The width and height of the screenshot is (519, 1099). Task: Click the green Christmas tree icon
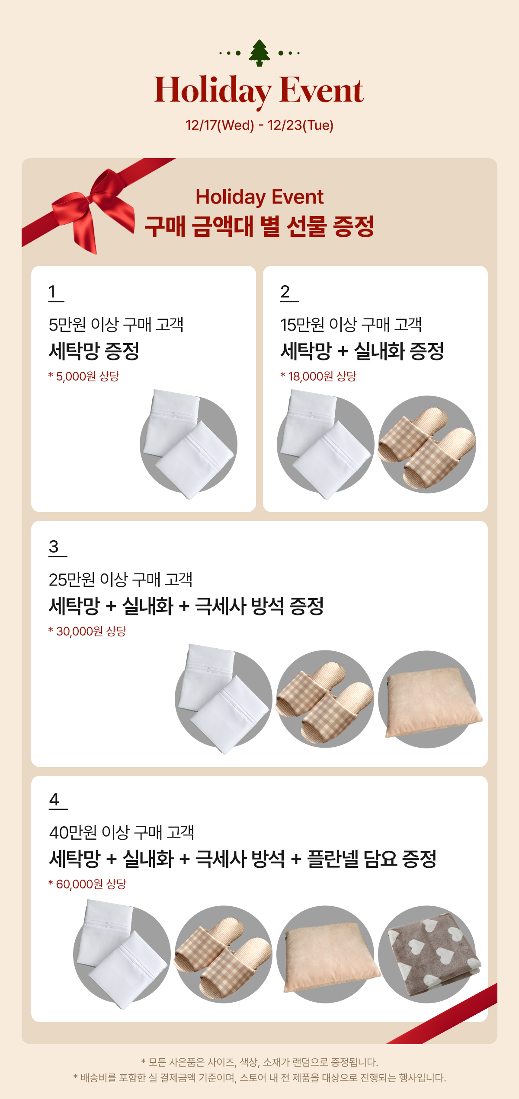click(x=259, y=53)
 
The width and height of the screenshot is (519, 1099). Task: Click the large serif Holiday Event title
click(x=259, y=90)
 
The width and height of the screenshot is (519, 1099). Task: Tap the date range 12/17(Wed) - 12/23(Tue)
click(x=259, y=125)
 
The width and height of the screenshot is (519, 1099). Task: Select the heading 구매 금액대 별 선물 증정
click(x=259, y=226)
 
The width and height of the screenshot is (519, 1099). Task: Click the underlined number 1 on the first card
click(x=53, y=292)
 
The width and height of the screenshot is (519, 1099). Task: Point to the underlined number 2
click(x=285, y=292)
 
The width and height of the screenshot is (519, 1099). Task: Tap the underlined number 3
click(x=54, y=547)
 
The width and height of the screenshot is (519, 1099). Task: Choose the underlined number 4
click(x=54, y=800)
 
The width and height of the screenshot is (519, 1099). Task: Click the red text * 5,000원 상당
click(x=84, y=376)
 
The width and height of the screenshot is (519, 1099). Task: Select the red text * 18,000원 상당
click(x=318, y=376)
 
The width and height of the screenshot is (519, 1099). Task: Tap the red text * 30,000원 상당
click(x=87, y=631)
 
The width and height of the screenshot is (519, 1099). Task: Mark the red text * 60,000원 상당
click(x=87, y=884)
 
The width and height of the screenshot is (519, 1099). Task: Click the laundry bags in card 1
click(x=189, y=444)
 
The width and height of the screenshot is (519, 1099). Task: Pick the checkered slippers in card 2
click(x=427, y=444)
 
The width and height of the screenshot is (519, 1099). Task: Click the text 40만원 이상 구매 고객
click(x=122, y=832)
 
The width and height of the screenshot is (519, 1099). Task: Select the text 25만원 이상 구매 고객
click(x=120, y=580)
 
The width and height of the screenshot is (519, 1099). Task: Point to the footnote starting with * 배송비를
click(x=259, y=1078)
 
